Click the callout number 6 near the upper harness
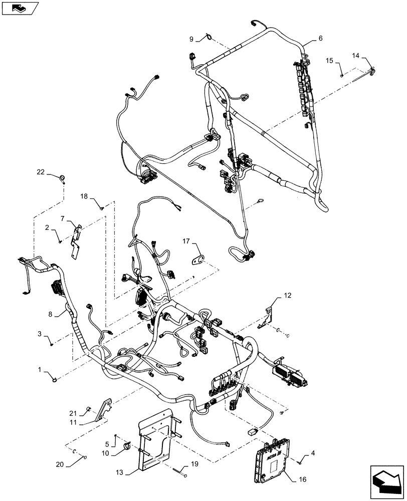point(320,38)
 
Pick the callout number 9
point(191,39)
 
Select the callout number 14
point(355,55)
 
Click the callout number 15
point(329,60)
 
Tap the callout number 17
point(186,241)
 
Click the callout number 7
point(63,219)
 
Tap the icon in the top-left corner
point(19,8)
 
